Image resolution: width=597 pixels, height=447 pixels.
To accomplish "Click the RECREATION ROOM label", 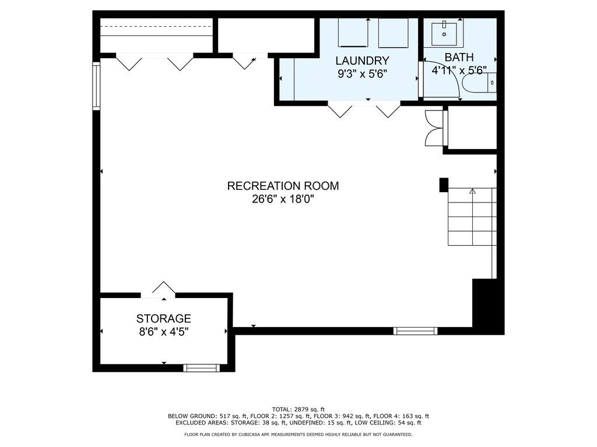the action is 283,186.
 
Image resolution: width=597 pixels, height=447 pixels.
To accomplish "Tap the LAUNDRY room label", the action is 362,61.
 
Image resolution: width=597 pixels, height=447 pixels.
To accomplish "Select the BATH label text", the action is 459,58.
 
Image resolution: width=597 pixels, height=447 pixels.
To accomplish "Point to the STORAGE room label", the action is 164,318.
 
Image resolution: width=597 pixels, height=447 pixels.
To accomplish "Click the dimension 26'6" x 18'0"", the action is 283,199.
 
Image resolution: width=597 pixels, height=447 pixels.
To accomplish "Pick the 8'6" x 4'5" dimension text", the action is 164,332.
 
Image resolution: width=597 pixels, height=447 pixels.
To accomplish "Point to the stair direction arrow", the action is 472,191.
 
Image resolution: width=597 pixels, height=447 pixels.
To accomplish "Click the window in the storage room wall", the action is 201,368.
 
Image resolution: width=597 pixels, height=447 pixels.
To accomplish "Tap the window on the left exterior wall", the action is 96,86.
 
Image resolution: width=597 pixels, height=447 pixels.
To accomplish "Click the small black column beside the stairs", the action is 444,185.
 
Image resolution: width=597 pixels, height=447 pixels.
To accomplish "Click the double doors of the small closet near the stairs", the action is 434,127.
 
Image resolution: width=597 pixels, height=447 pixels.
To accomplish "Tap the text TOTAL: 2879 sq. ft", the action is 298,409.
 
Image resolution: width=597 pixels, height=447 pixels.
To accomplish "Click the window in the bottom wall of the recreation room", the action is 415,331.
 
